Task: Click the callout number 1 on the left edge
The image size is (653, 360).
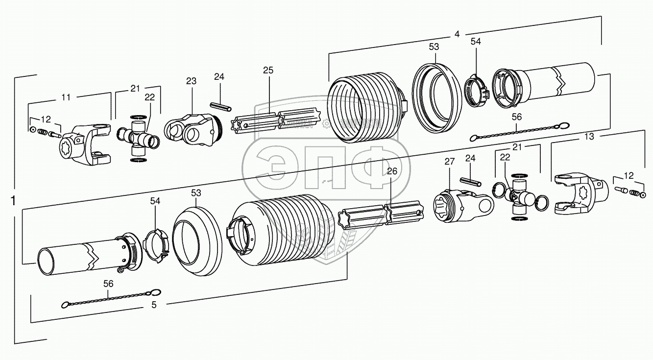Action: click(x=13, y=201)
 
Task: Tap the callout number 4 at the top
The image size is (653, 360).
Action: click(x=457, y=34)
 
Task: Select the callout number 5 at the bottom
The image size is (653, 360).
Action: click(x=154, y=305)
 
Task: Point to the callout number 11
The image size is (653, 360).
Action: click(x=66, y=97)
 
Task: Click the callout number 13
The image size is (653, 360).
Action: click(x=589, y=137)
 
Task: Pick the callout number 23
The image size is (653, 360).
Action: click(x=191, y=81)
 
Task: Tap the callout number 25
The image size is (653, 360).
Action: click(x=267, y=70)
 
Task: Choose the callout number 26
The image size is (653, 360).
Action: click(x=391, y=171)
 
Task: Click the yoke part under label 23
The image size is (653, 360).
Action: click(x=190, y=129)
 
